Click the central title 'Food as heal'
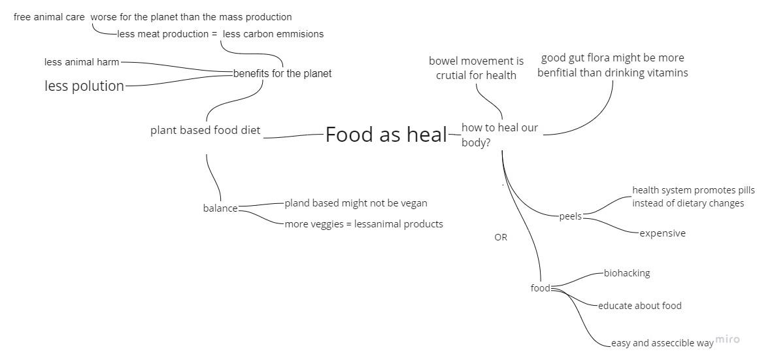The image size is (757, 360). coord(386,135)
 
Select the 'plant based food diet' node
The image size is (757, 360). coord(205,130)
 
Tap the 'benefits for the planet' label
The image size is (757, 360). coord(282,73)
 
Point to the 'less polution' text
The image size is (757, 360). coord(84,86)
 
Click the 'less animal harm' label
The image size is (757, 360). coord(82,62)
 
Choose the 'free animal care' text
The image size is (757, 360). coord(49,17)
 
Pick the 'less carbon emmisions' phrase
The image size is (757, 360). coord(273,34)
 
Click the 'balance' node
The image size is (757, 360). coord(220,208)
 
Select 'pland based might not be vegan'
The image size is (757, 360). coord(356,203)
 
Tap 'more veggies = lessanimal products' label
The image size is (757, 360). coord(363,224)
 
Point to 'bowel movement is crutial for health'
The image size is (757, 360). coord(476,68)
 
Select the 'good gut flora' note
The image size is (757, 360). coord(613,65)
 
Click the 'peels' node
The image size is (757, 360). coord(570,216)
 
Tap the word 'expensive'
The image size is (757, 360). coord(662,233)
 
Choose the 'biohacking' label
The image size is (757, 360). coord(626,273)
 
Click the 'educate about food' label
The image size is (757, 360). coord(639,306)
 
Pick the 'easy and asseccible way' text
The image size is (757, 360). coord(662,343)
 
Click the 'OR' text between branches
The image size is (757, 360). coord(501,237)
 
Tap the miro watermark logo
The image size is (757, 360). coord(728,339)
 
